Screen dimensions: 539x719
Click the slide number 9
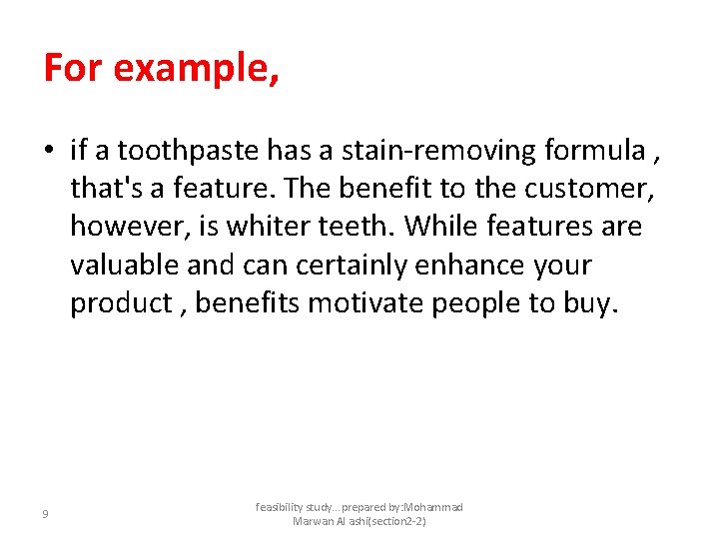(x=45, y=514)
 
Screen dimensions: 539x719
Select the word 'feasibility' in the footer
(x=286, y=508)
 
